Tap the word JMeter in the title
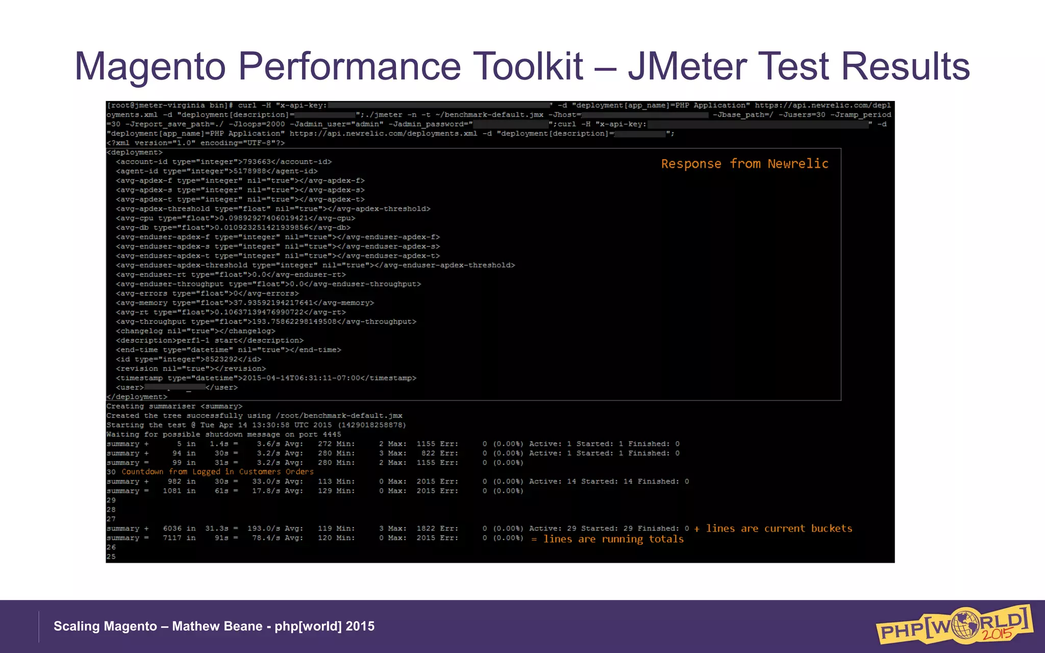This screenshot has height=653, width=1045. click(687, 67)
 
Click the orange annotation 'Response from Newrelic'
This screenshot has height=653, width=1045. click(744, 164)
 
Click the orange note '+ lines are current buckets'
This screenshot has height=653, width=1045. click(773, 529)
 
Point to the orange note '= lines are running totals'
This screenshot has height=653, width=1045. click(607, 539)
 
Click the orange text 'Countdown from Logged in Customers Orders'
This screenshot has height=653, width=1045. click(217, 472)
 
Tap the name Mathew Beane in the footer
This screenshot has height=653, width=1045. click(217, 626)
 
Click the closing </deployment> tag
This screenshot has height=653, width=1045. click(137, 397)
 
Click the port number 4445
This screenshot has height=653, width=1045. click(332, 435)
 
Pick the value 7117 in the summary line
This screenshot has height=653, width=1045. click(172, 538)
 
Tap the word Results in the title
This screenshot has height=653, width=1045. click(905, 67)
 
